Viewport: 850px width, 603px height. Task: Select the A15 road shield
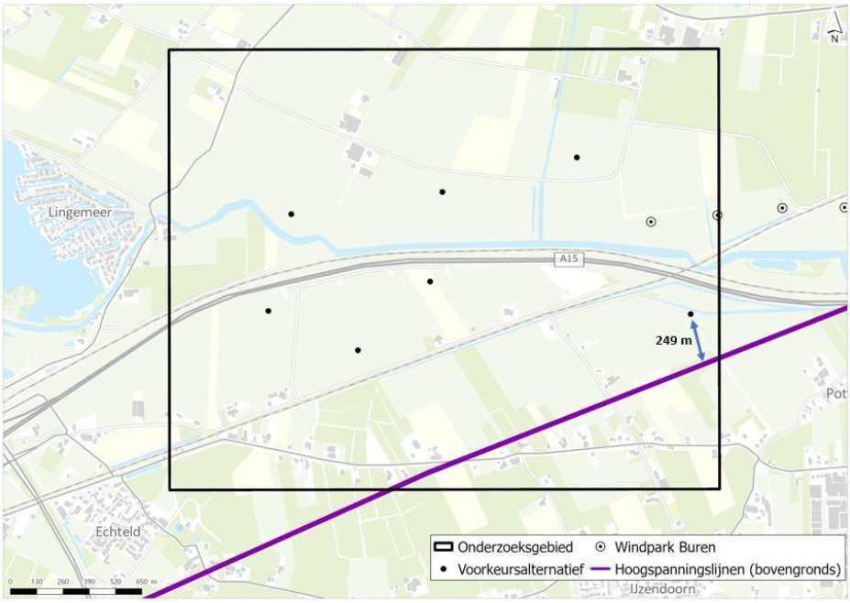pos(569,260)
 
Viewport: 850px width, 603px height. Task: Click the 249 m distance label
pos(673,340)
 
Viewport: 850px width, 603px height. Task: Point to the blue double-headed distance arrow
pos(699,340)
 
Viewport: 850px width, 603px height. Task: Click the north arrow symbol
pos(834,27)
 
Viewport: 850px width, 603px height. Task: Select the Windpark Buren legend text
pos(666,547)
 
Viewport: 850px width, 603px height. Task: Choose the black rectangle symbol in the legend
pos(443,547)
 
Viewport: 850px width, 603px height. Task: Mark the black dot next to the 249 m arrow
pos(690,314)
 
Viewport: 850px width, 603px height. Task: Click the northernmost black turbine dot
pos(577,157)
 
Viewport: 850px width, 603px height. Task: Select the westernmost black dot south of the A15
pos(268,311)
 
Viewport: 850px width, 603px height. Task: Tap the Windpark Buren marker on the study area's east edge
pos(717,214)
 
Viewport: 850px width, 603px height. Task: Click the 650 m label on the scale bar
pos(147,582)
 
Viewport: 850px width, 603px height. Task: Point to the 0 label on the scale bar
pos(11,582)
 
